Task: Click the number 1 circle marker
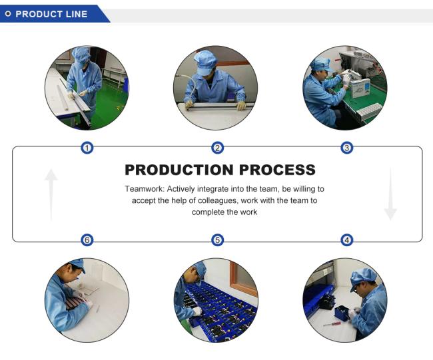(87, 148)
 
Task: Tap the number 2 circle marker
(217, 148)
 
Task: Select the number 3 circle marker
(347, 148)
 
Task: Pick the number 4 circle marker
(347, 240)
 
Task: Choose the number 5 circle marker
(217, 240)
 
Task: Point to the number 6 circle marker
(87, 240)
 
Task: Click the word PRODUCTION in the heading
(179, 170)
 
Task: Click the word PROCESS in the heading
(277, 170)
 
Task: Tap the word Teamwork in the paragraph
(145, 189)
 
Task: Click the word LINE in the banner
(77, 14)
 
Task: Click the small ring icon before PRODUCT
(8, 14)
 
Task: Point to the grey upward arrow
(51, 195)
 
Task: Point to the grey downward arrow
(390, 194)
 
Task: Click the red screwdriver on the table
(332, 324)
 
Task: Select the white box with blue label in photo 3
(361, 88)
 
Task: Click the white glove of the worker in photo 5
(197, 311)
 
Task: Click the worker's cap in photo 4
(363, 277)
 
